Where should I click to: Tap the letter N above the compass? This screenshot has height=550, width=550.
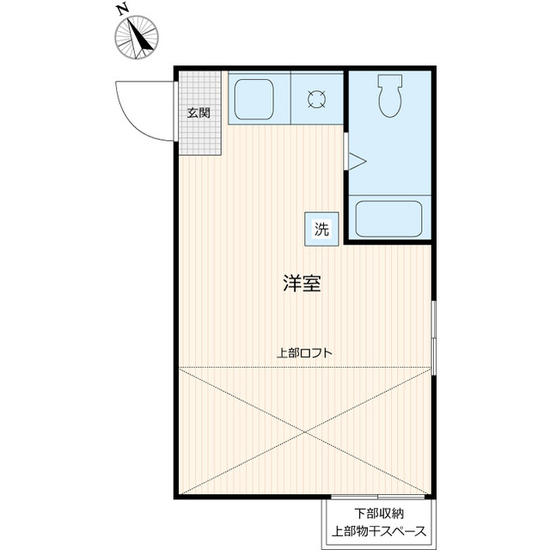coord(122,10)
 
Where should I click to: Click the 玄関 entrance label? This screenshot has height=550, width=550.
coord(199,113)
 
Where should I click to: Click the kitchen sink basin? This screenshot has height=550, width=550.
coord(254,100)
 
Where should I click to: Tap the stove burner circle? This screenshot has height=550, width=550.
coord(316,99)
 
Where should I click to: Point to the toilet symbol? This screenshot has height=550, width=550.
coord(390,95)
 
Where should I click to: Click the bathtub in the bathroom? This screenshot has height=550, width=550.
coord(388,218)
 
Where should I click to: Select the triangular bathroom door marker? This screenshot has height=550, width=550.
coord(357,162)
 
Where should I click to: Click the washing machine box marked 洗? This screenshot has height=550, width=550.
coord(321,229)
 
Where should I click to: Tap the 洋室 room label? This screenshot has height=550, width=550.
coord(302,284)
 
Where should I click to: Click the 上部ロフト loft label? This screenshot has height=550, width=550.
coord(304,352)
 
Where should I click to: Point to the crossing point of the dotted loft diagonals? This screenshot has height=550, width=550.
coord(305,431)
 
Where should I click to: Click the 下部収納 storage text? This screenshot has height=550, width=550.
coord(379,514)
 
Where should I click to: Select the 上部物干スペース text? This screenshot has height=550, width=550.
coord(379,531)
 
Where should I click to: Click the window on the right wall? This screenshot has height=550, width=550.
coord(434,338)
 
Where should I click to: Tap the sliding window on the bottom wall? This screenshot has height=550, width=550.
coord(378,497)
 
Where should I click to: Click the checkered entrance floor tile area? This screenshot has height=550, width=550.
coord(200,113)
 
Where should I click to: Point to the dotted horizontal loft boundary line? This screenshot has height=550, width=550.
coord(305,367)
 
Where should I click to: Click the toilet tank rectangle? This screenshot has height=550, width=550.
coord(390,81)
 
